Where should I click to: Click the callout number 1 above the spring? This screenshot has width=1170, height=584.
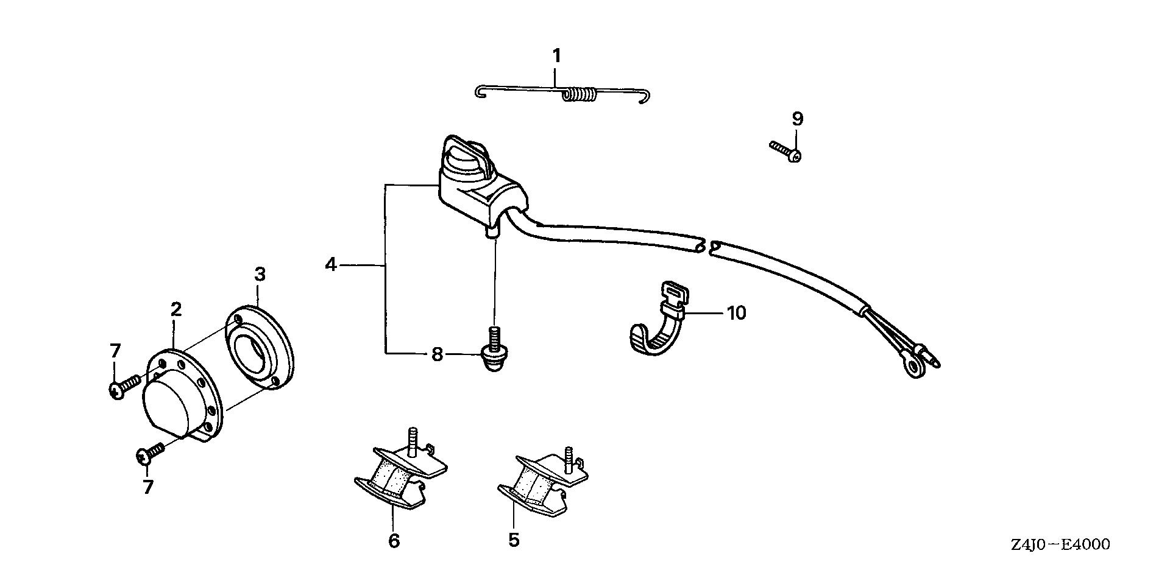pyautogui.click(x=556, y=56)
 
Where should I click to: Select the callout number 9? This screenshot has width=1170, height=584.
pyautogui.click(x=798, y=119)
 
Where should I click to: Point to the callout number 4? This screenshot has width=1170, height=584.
pyautogui.click(x=331, y=265)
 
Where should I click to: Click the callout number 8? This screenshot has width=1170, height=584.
pyautogui.click(x=437, y=354)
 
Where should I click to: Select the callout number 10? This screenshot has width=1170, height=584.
pyautogui.click(x=737, y=313)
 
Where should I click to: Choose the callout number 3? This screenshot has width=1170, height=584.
pyautogui.click(x=260, y=275)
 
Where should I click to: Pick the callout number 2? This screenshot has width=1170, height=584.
pyautogui.click(x=176, y=309)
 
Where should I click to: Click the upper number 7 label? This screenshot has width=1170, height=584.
pyautogui.click(x=115, y=351)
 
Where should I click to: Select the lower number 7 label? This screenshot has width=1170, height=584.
pyautogui.click(x=147, y=487)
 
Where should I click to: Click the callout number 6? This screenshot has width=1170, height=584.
pyautogui.click(x=394, y=540)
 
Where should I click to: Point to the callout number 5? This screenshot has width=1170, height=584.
pyautogui.click(x=514, y=540)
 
